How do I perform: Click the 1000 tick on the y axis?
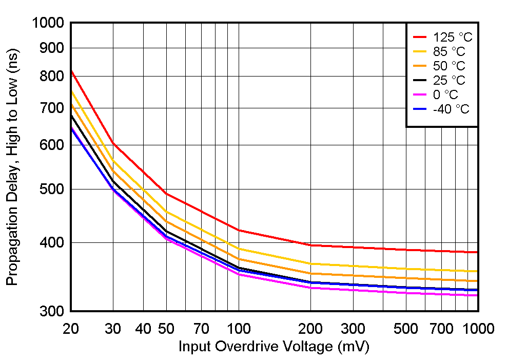click(x=48, y=23)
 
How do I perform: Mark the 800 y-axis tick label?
click(x=52, y=76)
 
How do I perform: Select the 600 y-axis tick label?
click(x=52, y=145)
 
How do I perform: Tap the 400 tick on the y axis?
click(x=52, y=242)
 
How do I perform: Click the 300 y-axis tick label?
click(x=52, y=311)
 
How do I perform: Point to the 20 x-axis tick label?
click(x=70, y=328)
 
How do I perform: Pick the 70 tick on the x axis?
click(x=201, y=328)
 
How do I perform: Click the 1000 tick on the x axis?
click(x=478, y=328)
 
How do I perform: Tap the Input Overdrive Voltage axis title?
click(x=274, y=347)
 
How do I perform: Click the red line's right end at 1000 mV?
click(x=478, y=252)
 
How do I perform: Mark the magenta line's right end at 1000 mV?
click(x=478, y=295)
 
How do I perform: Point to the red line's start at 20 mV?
click(x=71, y=70)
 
